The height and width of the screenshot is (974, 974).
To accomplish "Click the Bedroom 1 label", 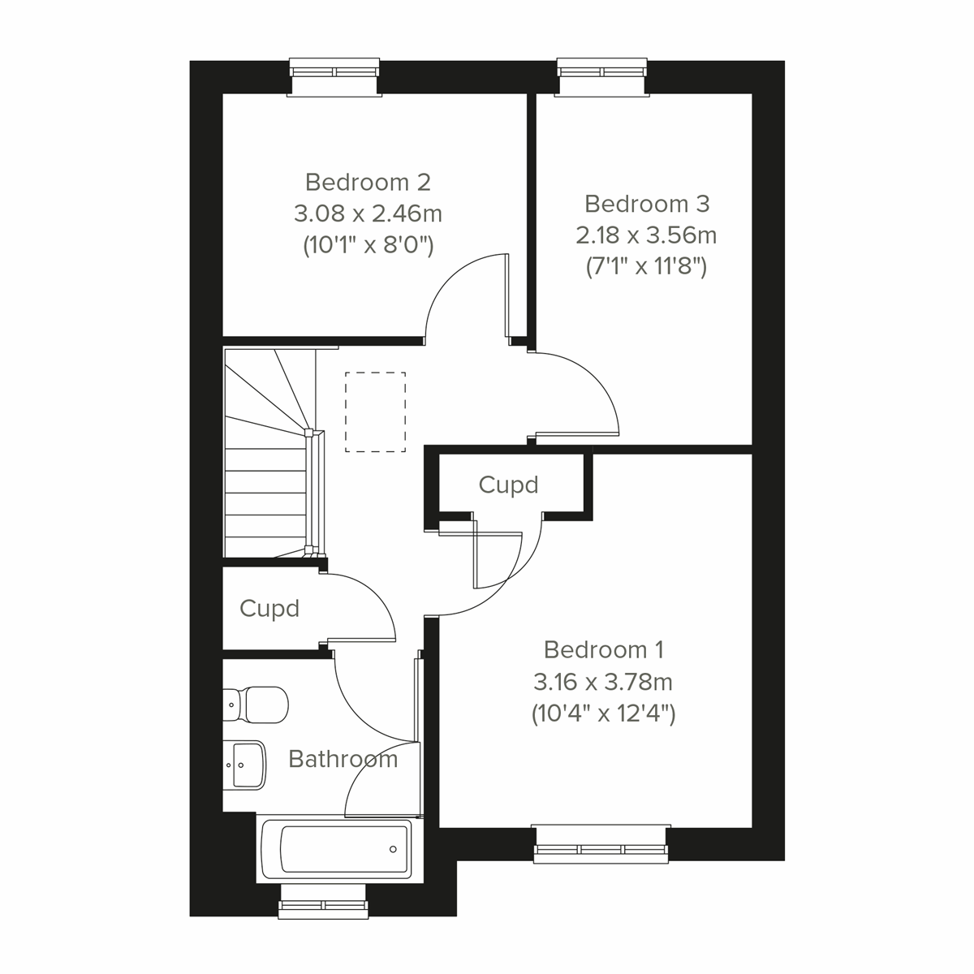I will (604, 649).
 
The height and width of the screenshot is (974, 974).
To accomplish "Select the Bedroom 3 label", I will (647, 203).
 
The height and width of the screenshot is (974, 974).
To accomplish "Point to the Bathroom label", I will (343, 759).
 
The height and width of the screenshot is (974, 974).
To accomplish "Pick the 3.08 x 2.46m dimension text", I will (368, 213).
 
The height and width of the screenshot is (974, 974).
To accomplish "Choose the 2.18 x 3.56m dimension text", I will (647, 235).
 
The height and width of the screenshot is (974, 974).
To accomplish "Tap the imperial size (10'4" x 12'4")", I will (604, 713).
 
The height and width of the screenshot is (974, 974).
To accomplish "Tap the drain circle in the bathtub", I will (393, 850).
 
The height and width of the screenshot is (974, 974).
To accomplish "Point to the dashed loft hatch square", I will (375, 412).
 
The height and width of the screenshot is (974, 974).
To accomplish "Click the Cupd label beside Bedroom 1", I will (508, 485).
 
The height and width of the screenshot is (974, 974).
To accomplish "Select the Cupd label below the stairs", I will (269, 608).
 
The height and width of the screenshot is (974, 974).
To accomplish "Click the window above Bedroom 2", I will (335, 77).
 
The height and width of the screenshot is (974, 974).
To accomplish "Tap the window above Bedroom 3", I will (602, 77).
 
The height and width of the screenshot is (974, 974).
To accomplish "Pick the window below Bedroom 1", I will (601, 843).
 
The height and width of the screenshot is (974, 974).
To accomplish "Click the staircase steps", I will (266, 487).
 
